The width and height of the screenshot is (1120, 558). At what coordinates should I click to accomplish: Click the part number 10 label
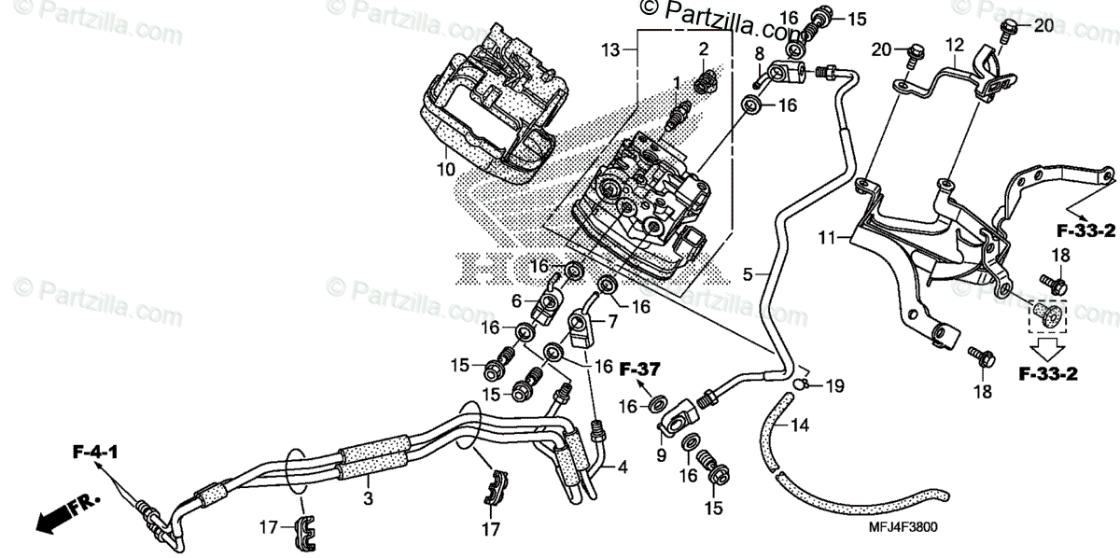444,170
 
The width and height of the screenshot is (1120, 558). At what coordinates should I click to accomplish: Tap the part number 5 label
748,275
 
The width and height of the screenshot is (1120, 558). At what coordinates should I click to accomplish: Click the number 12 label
953,44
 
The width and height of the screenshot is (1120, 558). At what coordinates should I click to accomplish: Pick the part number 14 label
801,426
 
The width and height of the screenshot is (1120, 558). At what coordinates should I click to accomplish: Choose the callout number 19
833,384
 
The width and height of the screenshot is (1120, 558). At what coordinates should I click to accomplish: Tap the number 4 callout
622,465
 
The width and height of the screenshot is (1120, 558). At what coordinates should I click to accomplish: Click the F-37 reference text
640,370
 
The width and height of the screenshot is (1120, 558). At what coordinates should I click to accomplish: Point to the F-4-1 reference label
96,454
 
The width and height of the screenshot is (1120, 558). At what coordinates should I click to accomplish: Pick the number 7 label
612,322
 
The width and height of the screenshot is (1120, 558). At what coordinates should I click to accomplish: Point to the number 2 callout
704,48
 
